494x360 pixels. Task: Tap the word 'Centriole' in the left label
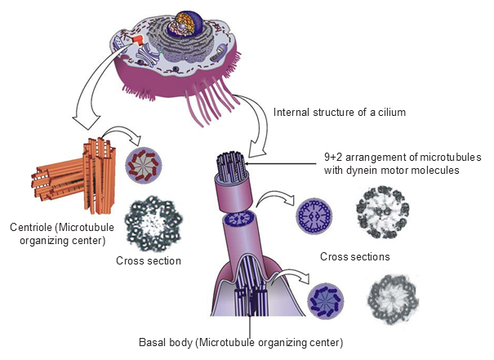click(x=29, y=226)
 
